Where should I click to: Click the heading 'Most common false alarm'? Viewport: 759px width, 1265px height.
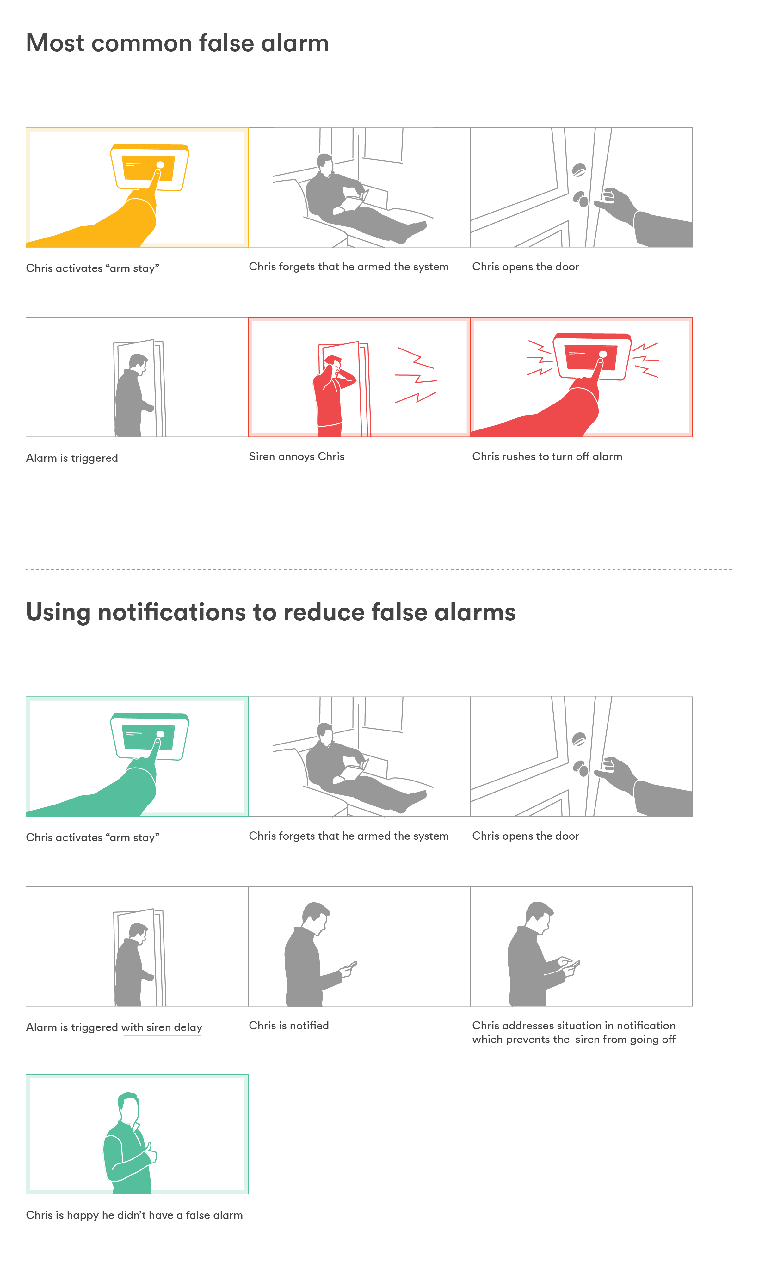point(177,43)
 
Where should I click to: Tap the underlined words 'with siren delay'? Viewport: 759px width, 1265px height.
point(162,1027)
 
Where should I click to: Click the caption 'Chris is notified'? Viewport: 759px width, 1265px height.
point(288,1025)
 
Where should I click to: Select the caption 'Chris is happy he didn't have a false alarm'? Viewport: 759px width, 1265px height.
point(134,1215)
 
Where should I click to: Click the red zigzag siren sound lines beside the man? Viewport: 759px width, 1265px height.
point(415,376)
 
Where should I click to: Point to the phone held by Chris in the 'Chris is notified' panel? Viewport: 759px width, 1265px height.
point(351,966)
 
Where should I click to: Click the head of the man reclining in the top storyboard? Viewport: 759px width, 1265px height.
point(324,163)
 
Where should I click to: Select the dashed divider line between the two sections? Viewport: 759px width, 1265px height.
point(379,569)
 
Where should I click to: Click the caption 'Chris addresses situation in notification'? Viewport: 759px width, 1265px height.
point(573,1025)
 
